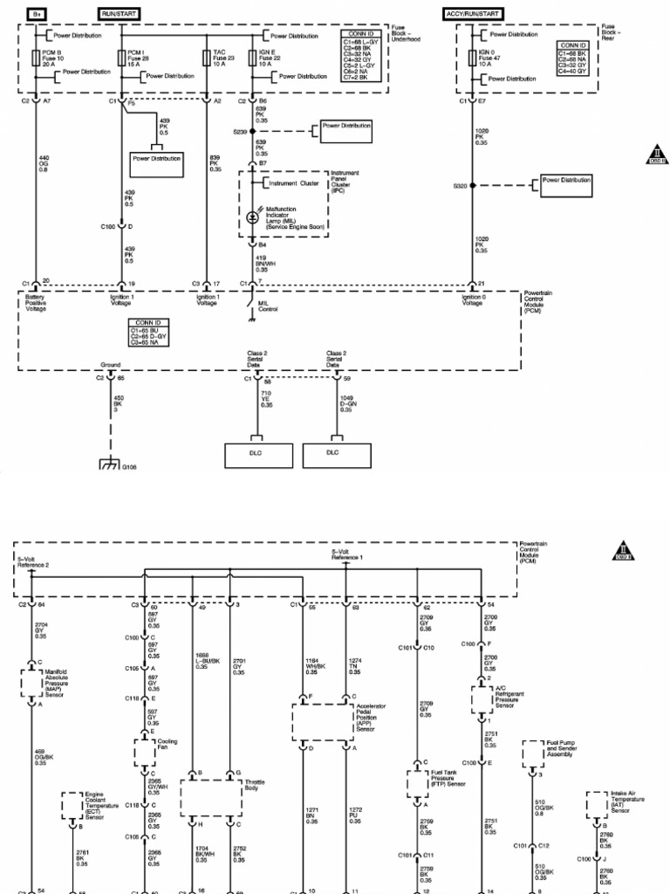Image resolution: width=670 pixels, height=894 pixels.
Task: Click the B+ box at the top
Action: (36, 15)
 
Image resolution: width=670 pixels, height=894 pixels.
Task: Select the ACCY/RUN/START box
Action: (472, 15)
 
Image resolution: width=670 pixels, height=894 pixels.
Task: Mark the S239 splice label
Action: (241, 132)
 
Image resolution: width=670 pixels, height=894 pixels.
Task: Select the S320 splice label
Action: (461, 185)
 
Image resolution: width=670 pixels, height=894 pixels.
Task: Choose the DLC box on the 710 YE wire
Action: (256, 452)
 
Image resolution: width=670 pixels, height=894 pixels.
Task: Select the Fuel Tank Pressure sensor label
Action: (450, 774)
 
